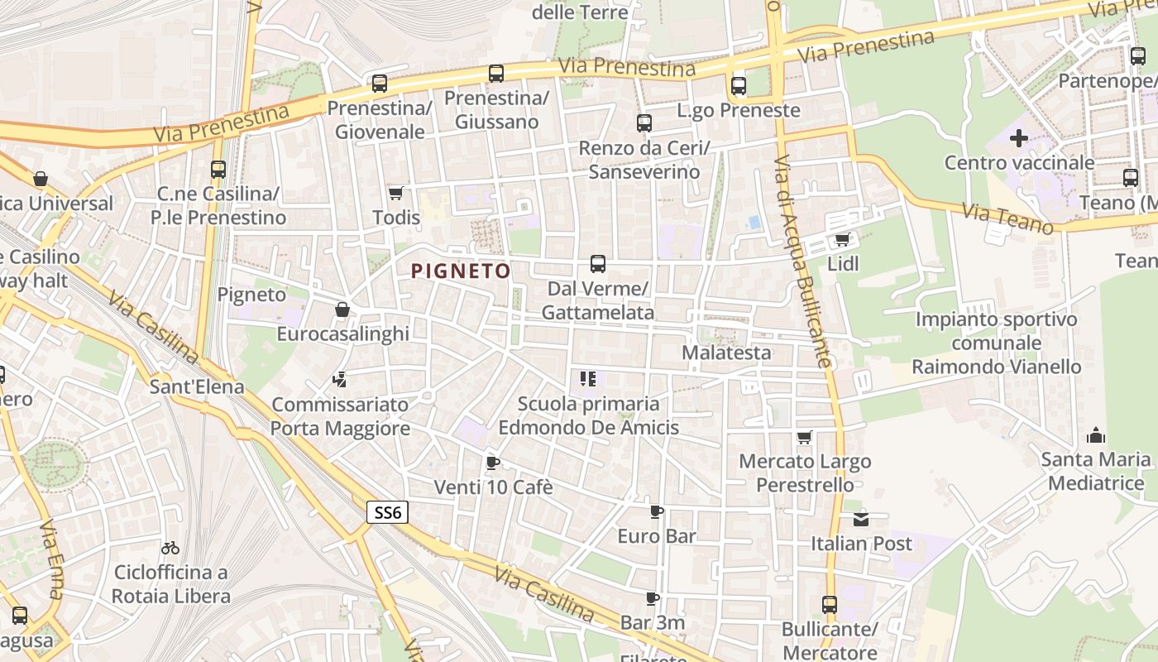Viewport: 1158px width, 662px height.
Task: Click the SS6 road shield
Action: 387,513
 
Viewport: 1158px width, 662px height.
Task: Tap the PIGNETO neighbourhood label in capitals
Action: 461,271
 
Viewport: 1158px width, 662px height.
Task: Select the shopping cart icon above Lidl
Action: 843,240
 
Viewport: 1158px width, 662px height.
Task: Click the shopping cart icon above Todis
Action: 396,194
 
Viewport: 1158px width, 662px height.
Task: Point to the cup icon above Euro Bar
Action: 657,512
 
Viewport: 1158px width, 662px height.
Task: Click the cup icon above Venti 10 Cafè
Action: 493,463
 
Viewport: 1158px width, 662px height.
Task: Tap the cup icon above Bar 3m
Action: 653,598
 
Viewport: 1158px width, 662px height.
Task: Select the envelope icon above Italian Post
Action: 861,519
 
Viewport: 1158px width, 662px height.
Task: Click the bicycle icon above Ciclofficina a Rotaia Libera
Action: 170,548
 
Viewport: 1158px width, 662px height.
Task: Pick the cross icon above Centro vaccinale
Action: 1019,138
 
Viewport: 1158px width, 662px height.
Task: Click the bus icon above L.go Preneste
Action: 739,86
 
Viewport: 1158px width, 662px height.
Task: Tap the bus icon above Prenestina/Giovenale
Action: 380,84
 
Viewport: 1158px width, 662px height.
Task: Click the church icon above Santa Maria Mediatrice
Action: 1096,435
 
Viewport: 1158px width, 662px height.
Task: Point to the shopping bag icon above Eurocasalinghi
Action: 342,310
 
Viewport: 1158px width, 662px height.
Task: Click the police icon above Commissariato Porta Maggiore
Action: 339,381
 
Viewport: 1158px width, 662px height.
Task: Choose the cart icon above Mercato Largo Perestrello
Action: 805,437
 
